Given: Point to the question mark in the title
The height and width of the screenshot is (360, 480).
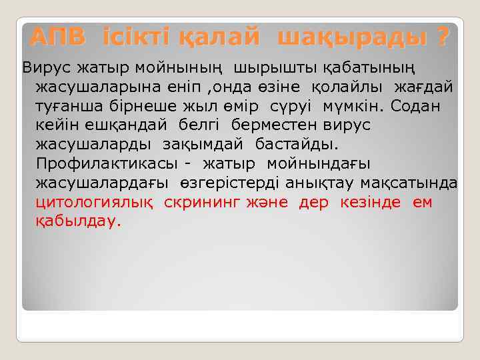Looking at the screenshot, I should (x=443, y=37).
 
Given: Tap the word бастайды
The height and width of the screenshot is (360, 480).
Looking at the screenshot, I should (x=293, y=145).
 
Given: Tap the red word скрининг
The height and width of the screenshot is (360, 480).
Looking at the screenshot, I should (x=207, y=203).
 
